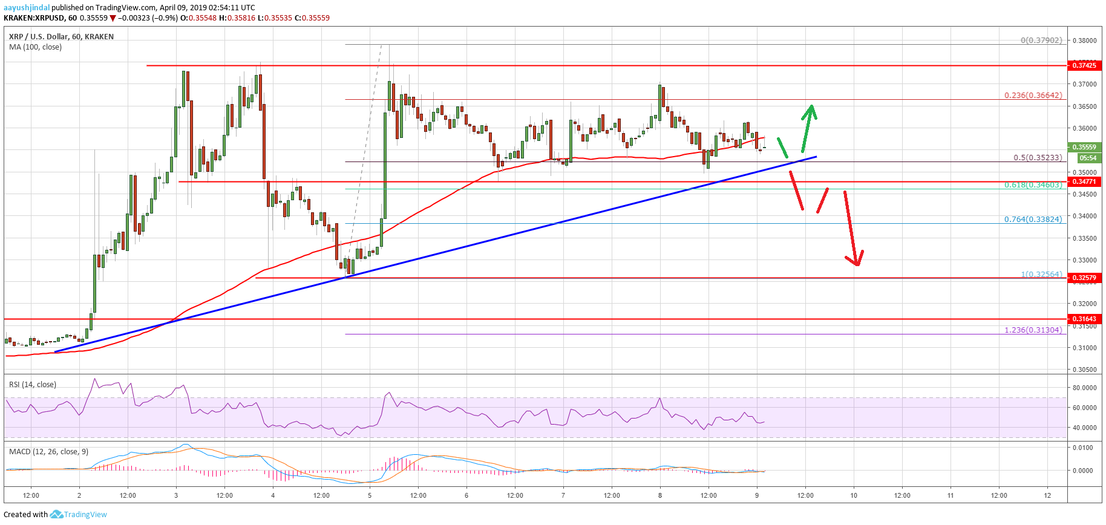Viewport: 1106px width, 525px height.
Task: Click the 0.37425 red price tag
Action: pos(1084,65)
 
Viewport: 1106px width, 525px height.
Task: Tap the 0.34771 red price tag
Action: pos(1084,181)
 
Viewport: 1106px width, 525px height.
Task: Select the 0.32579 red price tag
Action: pos(1084,278)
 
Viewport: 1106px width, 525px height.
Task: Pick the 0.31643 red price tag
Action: pos(1084,319)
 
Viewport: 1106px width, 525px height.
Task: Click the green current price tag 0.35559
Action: pos(1084,147)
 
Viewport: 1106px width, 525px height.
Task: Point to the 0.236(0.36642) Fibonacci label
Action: pos(1033,95)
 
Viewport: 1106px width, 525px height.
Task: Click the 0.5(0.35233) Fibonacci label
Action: pos(1037,158)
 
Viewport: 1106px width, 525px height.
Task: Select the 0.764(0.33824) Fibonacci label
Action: pos(1033,219)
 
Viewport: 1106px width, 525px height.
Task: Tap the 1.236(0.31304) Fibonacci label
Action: pos(1033,330)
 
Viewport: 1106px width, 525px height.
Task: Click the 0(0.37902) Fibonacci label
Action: pos(1041,41)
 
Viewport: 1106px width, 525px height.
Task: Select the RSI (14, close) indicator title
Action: pos(33,385)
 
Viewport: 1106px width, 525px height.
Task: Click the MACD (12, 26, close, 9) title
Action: pos(48,451)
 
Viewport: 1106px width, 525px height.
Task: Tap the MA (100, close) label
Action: pos(35,47)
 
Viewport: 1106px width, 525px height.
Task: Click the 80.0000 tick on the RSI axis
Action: pos(1084,388)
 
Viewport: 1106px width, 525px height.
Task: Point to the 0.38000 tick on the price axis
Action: pos(1084,41)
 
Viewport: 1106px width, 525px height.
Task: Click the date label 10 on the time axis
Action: pos(854,495)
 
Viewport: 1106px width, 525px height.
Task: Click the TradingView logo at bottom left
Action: pos(79,514)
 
